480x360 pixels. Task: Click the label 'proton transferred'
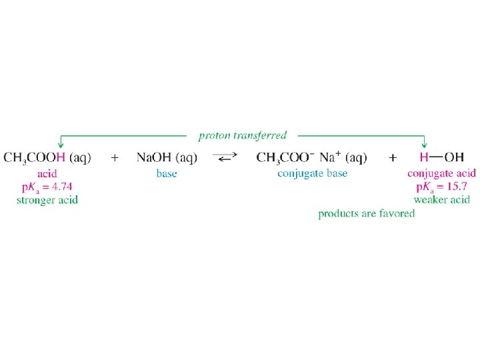[x=243, y=135]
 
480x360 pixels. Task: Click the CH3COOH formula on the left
[x=35, y=158]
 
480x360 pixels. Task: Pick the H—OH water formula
[x=441, y=158]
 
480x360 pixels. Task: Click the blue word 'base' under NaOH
[x=167, y=174]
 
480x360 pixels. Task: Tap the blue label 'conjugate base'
[x=313, y=174]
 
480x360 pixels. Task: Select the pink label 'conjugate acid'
[x=441, y=174]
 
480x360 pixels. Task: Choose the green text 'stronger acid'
[x=47, y=200]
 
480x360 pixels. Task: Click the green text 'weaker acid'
[x=441, y=200]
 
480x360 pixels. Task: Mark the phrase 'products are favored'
[x=367, y=213]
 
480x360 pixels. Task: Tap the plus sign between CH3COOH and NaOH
[x=115, y=158]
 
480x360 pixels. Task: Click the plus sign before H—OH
[x=393, y=158]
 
